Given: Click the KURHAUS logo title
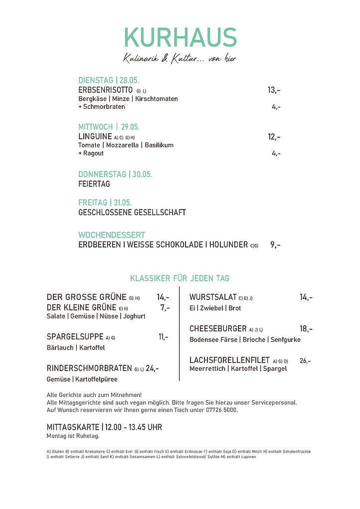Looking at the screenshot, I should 180,38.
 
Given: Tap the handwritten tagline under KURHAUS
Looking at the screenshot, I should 180,59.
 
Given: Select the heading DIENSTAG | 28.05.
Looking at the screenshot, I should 109,80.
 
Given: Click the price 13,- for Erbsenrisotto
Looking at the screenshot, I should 274,90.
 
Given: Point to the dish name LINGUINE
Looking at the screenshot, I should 95,136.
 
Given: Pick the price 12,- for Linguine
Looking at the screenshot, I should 274,136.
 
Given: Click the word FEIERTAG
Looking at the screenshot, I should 94,184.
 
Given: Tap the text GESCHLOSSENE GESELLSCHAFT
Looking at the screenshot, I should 132,213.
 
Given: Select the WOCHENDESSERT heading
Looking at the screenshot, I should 112,235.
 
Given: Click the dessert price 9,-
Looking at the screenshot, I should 275,245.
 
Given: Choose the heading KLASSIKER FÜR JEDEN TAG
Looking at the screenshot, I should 180,278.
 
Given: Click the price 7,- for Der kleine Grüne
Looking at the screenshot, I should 165,307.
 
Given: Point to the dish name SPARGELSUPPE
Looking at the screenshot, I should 75,337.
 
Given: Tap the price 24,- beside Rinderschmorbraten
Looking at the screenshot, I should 152,368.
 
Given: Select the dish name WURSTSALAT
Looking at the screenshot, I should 213,297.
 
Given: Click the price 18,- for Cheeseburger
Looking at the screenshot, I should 306,329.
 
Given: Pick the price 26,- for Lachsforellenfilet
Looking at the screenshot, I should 305,361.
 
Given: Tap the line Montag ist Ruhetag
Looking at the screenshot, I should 73,436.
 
